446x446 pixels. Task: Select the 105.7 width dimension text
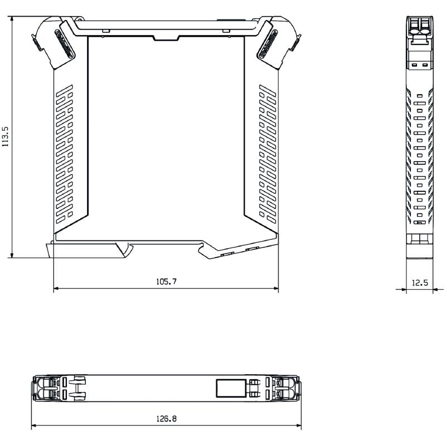[166, 282]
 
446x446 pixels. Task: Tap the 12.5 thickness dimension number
[419, 283]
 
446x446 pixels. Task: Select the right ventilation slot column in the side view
[267, 152]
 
